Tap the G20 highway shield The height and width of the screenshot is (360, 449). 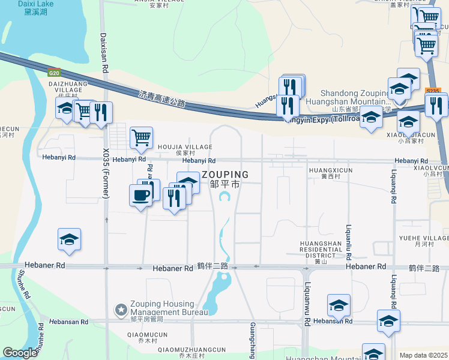(54, 73)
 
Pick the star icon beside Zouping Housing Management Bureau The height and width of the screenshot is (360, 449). (121, 309)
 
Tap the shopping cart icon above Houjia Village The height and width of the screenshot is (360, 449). (141, 136)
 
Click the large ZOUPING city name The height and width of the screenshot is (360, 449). (225, 175)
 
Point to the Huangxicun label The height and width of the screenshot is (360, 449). (330, 170)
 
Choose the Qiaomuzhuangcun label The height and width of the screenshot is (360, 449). (192, 350)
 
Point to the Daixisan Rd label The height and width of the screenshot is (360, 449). (104, 53)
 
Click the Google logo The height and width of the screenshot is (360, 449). (20, 353)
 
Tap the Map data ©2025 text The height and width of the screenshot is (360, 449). (423, 355)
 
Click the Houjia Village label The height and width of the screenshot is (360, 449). (185, 147)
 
